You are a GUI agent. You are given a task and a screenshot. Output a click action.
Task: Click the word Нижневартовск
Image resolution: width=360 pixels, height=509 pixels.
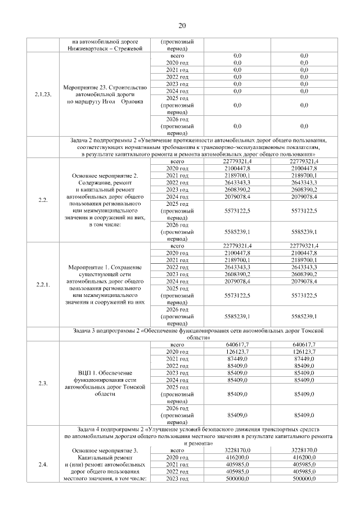(x=88, y=49)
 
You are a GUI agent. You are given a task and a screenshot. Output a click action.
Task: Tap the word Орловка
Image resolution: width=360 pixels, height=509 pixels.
(x=131, y=102)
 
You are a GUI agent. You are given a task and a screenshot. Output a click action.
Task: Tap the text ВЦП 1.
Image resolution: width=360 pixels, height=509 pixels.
(x=87, y=373)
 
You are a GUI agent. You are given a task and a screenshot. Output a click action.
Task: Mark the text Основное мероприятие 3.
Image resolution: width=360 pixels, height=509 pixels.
(x=105, y=451)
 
